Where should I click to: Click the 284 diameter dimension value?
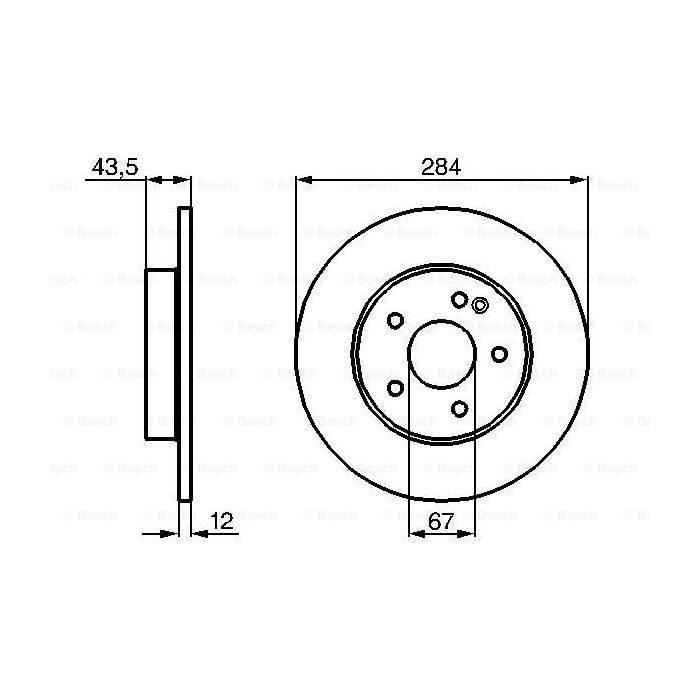[440, 166]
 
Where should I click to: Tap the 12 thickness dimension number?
[222, 520]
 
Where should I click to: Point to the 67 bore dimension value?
[440, 520]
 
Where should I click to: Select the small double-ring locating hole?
[478, 307]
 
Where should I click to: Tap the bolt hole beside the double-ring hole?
[459, 300]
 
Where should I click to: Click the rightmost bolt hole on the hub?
[499, 354]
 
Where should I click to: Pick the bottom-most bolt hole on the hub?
[459, 408]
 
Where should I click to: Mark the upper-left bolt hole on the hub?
[395, 320]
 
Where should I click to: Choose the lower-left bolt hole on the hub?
[395, 387]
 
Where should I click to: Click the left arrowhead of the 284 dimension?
[302, 181]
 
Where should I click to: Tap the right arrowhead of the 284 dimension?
[580, 181]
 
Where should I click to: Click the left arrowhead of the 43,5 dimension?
[153, 181]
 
